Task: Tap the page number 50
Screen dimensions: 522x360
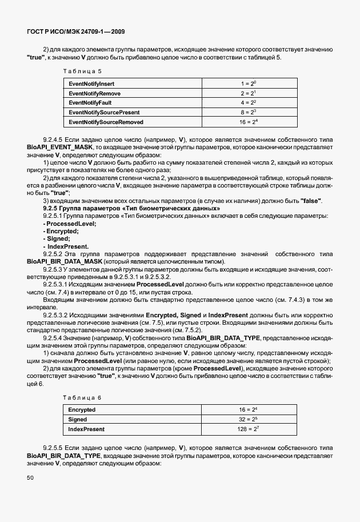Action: point(30,477)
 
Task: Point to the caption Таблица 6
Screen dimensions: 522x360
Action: point(82,397)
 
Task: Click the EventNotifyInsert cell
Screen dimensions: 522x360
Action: point(91,83)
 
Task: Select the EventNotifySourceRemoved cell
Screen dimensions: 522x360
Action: point(106,122)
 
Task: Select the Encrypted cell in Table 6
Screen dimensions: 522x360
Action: point(82,409)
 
